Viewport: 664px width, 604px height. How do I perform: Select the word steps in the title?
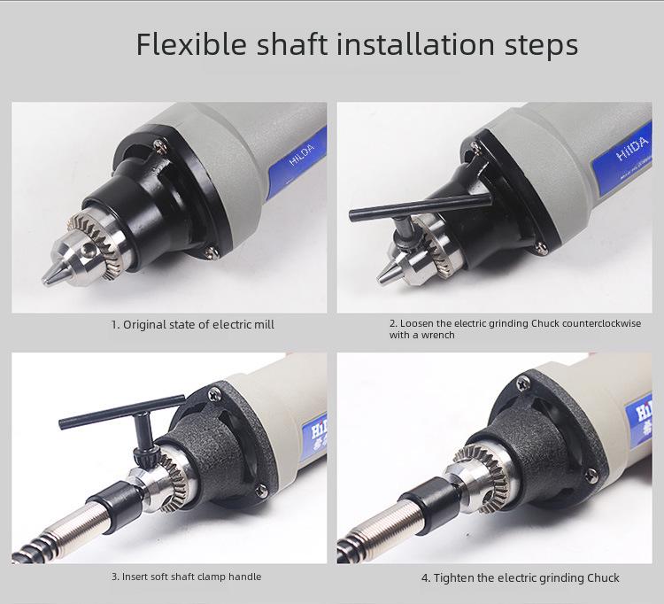coord(540,44)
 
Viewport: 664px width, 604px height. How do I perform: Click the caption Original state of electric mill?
coord(192,324)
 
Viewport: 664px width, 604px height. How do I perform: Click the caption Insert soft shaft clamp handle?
coord(186,577)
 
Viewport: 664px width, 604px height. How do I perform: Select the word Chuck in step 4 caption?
coord(602,577)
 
